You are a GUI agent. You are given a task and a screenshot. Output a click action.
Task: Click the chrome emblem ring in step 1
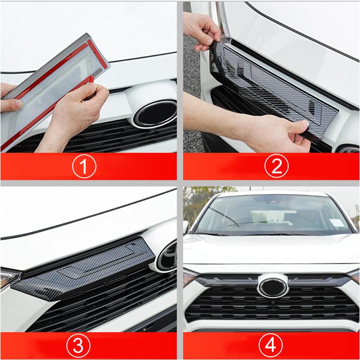(x=155, y=113)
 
